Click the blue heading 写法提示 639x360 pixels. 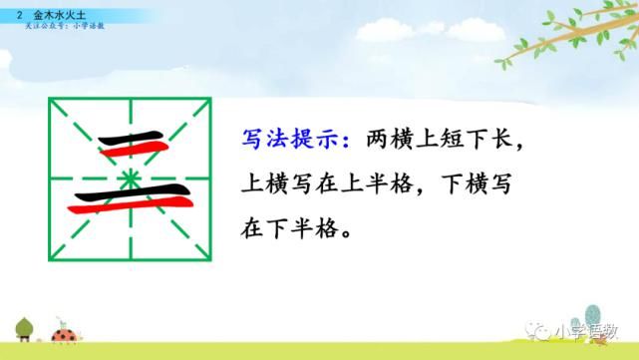[285, 137]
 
